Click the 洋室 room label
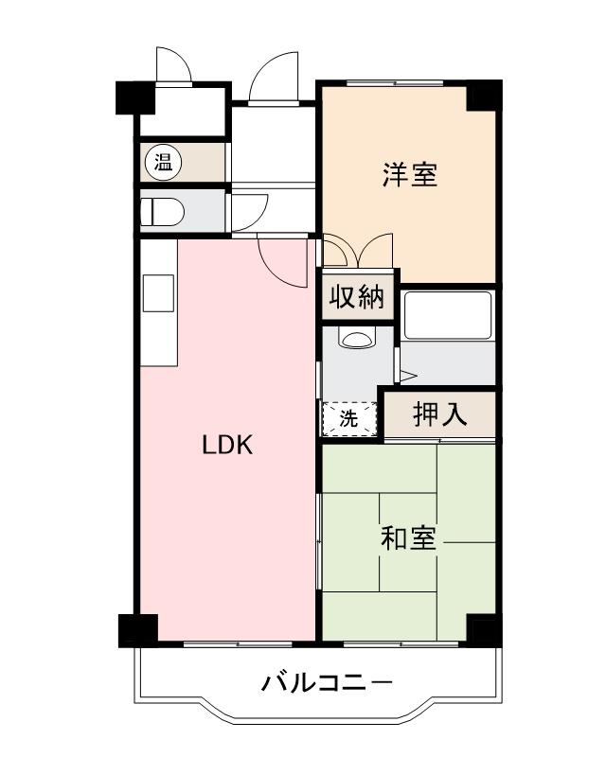pyautogui.click(x=410, y=175)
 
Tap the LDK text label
pyautogui.click(x=227, y=445)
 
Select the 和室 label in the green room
pyautogui.click(x=408, y=538)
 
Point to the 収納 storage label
pyautogui.click(x=357, y=298)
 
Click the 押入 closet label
pyautogui.click(x=440, y=414)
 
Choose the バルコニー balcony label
pyautogui.click(x=326, y=682)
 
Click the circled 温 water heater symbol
pyautogui.click(x=163, y=163)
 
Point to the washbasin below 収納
pyautogui.click(x=357, y=337)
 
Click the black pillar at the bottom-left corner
pyautogui.click(x=136, y=630)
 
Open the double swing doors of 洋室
pyautogui.click(x=357, y=252)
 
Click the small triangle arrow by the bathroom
pyautogui.click(x=408, y=376)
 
